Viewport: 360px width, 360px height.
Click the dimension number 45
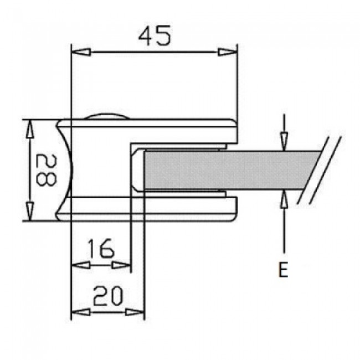pos(155,35)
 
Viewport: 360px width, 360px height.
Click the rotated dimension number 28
pos(46,169)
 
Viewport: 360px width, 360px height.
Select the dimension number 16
pos(101,248)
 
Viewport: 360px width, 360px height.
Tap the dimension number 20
pos(108,296)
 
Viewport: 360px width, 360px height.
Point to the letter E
pos(284,270)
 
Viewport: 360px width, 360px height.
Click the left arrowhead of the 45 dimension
pos(81,52)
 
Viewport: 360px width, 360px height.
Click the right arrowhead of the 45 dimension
pos(227,52)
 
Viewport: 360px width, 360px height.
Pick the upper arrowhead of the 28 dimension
pos(29,129)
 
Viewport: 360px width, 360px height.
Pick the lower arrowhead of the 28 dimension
pos(29,212)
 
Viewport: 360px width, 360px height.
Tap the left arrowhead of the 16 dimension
pos(81,265)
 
